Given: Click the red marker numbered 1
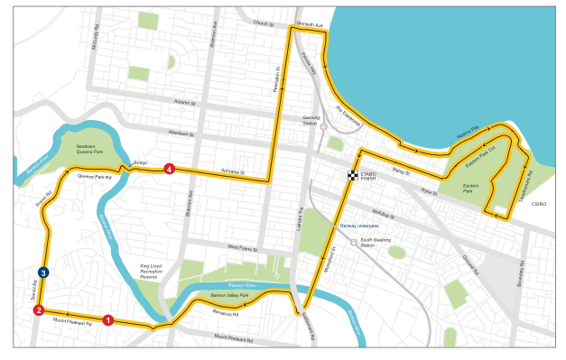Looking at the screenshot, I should [x=107, y=319].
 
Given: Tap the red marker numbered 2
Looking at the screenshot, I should [x=39, y=310].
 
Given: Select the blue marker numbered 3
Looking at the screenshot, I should [x=42, y=272].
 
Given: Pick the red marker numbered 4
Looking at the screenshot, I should [x=169, y=169].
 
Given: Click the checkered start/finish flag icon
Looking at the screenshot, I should [x=353, y=175].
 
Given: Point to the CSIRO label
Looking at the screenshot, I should [x=540, y=205].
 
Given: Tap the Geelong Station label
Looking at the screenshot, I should [x=313, y=123].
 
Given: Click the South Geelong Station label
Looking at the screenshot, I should [x=367, y=243].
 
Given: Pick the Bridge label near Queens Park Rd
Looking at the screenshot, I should [x=140, y=163].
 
